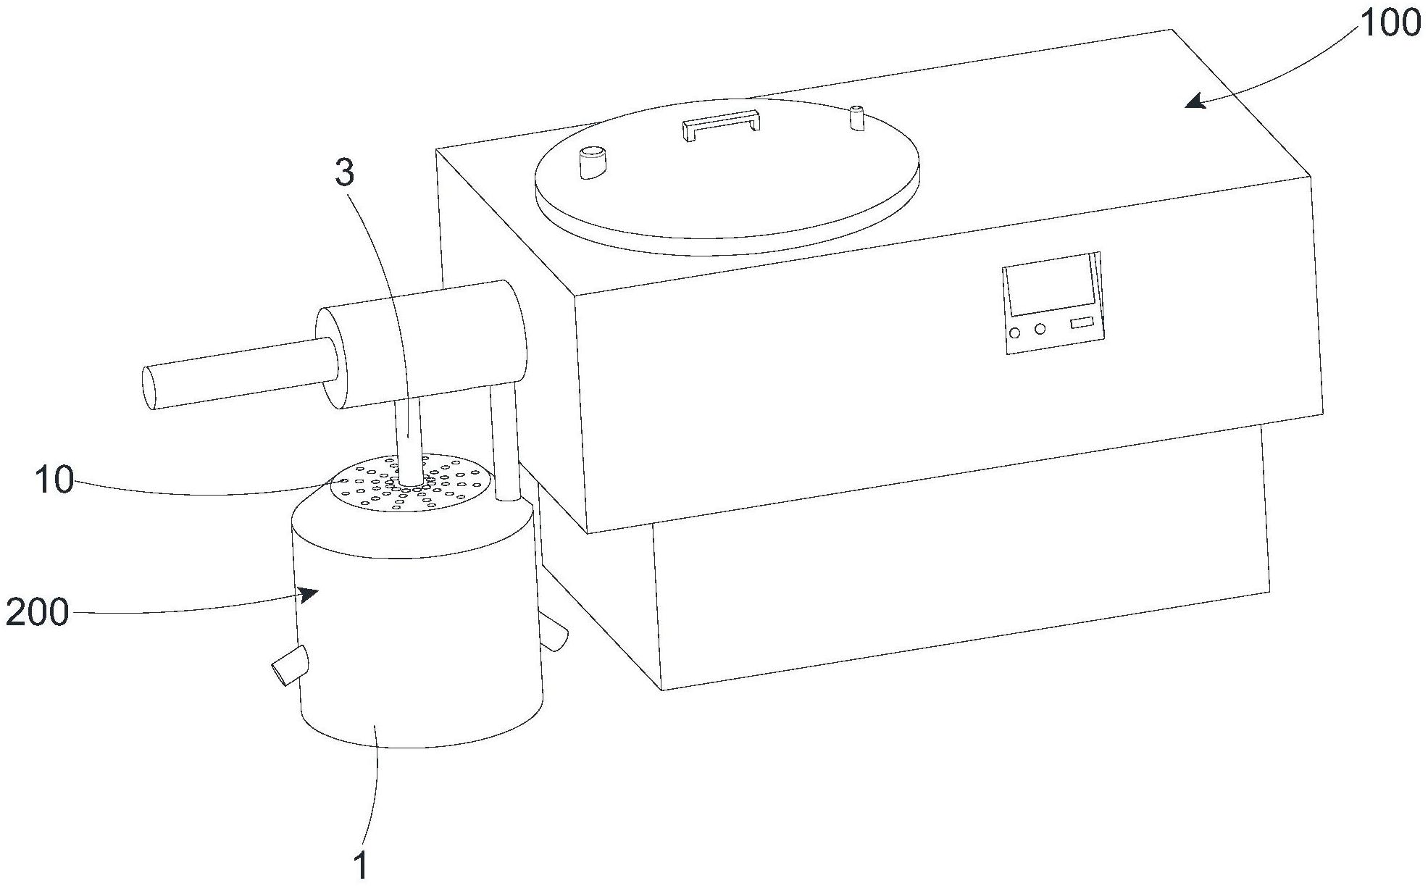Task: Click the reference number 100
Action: tap(1390, 24)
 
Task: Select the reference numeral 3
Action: tap(346, 172)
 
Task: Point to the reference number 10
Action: tap(54, 480)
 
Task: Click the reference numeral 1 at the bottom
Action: tap(360, 866)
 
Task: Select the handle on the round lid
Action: tap(721, 124)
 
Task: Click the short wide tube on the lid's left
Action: tap(593, 162)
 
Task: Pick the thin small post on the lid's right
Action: tap(857, 118)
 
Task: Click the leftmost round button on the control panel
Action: tap(1015, 333)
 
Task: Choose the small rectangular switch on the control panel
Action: tap(1082, 322)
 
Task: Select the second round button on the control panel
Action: tap(1040, 329)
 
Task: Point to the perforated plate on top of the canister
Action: tap(413, 482)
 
